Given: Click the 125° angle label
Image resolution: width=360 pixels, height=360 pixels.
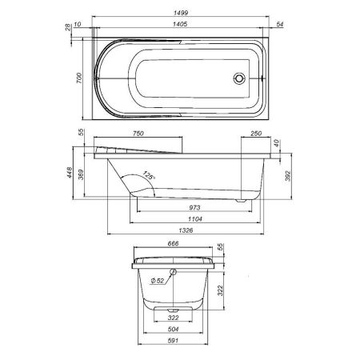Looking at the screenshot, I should click(148, 175).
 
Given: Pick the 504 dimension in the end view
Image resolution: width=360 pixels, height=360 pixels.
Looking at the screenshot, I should click(174, 329).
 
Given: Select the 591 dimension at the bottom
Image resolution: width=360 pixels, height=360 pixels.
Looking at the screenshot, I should click(174, 342).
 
